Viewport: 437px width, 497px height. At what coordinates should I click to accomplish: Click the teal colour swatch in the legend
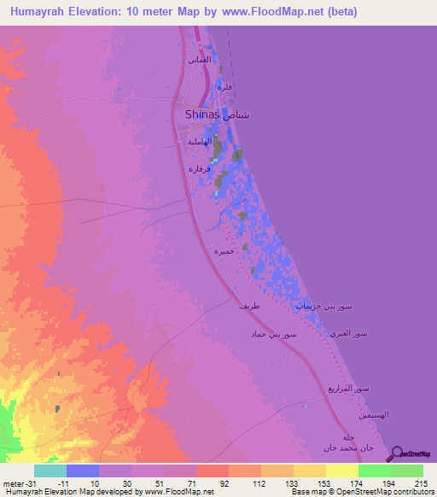[50, 471]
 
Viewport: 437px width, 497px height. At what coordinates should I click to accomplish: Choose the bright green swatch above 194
[374, 471]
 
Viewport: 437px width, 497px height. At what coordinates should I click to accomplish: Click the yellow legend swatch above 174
[341, 471]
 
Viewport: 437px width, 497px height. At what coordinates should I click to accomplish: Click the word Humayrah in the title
[44, 12]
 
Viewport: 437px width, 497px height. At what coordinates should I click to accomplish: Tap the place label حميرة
[224, 251]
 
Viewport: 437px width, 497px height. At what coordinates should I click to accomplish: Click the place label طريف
[248, 305]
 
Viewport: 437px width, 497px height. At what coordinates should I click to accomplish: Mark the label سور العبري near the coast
[350, 333]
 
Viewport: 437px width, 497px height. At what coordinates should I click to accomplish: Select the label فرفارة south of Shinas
[200, 169]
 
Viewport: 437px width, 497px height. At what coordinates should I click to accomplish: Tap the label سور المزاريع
[349, 389]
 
